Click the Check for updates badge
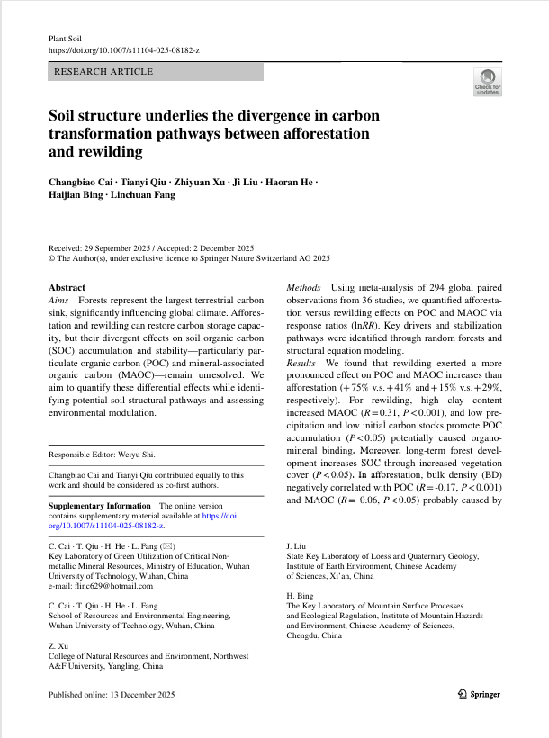tap(488, 82)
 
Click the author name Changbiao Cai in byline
tap(80, 183)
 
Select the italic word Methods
tap(302, 287)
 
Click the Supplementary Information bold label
tap(99, 506)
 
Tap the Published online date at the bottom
tap(112, 695)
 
